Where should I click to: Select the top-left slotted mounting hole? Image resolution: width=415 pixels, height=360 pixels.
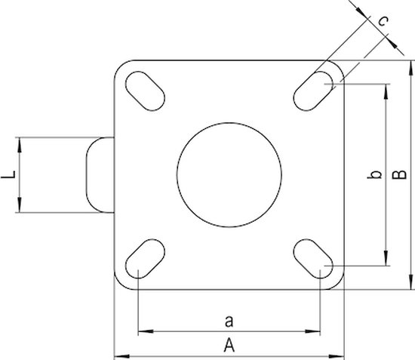(146, 88)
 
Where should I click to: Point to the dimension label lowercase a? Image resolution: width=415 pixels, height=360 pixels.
(229, 321)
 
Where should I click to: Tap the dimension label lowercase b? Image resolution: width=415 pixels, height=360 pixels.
(372, 176)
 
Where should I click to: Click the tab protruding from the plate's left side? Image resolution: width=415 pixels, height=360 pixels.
(100, 175)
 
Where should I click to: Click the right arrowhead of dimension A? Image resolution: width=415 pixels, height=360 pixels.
(341, 355)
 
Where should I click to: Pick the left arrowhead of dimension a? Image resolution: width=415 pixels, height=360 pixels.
(144, 331)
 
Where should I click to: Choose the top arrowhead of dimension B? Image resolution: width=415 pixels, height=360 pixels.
(413, 66)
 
